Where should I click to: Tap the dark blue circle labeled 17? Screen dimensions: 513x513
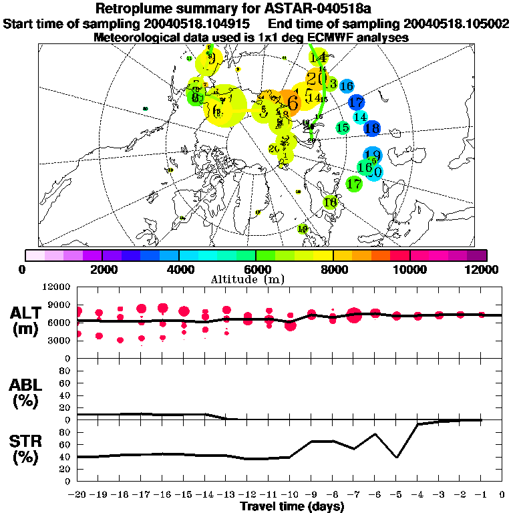[356, 102]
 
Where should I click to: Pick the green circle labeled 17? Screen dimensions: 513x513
[354, 182]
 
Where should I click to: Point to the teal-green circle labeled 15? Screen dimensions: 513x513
[343, 128]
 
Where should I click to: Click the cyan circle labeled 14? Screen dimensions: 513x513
[361, 117]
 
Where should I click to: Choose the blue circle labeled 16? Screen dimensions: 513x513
[346, 85]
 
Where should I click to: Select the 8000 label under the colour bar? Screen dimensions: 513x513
[333, 269]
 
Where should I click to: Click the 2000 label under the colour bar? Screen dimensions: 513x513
[101, 269]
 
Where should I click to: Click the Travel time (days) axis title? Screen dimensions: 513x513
[292, 507]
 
